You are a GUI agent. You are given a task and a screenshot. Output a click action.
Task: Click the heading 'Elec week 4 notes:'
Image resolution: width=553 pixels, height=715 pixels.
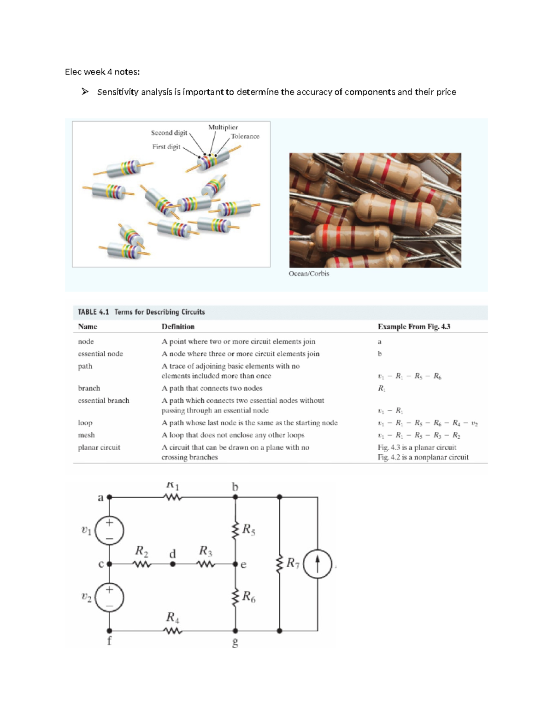(102, 72)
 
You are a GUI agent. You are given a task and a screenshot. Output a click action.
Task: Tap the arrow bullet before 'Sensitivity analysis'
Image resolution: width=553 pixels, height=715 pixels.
(85, 92)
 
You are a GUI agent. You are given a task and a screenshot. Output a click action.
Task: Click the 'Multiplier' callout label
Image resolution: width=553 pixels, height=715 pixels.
(223, 127)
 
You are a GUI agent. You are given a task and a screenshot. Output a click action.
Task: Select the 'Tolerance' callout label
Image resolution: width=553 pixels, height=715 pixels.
(245, 136)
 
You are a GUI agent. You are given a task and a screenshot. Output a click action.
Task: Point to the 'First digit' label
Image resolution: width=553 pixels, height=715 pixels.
(166, 147)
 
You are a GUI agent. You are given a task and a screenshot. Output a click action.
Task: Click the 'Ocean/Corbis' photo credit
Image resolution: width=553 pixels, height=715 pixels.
(309, 273)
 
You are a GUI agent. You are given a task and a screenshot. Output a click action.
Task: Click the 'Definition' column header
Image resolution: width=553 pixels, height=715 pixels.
(178, 326)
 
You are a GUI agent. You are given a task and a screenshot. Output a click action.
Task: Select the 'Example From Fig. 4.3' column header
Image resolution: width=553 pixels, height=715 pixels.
(414, 326)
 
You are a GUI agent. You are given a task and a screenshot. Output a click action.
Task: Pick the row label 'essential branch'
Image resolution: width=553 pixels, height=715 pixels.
(104, 401)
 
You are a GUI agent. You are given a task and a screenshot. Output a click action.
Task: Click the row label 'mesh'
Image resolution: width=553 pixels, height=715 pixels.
(86, 435)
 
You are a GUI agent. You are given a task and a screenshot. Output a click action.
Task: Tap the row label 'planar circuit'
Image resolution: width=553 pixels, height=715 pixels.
(99, 448)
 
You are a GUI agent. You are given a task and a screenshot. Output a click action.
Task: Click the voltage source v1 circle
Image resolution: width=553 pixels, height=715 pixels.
(109, 530)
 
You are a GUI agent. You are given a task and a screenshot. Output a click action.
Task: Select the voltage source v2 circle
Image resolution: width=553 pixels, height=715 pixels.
(109, 597)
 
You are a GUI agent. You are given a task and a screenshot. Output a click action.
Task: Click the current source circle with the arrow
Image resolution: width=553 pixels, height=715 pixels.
(318, 564)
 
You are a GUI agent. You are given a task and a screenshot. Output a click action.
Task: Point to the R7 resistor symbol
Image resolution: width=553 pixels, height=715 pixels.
(279, 564)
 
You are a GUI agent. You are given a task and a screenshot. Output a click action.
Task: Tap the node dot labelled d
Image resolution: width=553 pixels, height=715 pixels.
(173, 564)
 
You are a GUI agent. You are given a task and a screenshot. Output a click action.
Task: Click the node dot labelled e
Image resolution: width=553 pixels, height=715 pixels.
(235, 564)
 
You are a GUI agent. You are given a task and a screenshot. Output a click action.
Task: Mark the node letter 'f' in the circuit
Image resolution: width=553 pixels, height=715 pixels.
(109, 641)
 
